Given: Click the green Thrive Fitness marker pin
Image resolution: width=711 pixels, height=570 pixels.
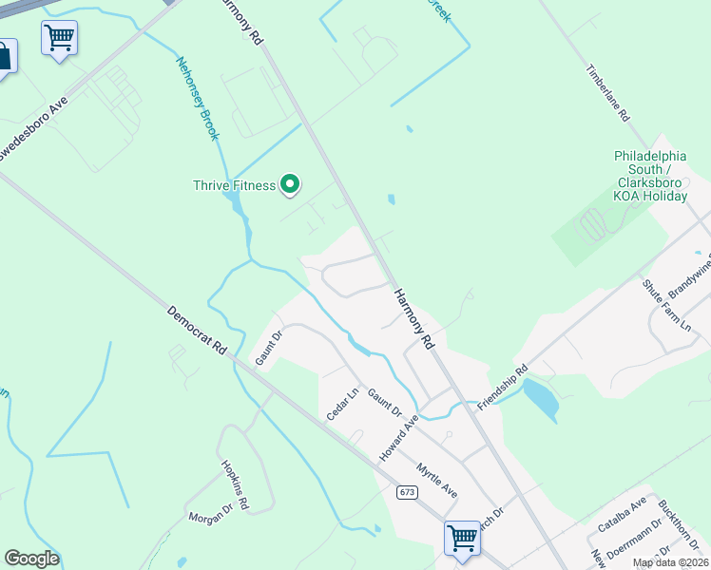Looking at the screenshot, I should click(x=291, y=184).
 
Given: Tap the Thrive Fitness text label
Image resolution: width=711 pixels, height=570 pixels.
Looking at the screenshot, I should click(x=234, y=185).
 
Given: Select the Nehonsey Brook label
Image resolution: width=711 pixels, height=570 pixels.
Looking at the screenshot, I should click(x=198, y=99).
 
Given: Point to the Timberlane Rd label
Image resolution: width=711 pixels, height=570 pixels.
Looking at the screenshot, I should click(x=609, y=92).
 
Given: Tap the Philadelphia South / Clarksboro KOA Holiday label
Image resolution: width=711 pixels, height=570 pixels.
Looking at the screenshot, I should click(x=650, y=176).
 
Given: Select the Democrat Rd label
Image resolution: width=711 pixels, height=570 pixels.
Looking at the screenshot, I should click(x=197, y=330).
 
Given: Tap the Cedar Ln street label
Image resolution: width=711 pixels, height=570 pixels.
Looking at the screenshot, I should click(x=342, y=404).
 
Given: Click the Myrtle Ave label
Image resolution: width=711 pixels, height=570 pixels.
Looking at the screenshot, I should click(x=437, y=479).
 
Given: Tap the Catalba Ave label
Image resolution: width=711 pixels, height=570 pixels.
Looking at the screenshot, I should click(x=622, y=514).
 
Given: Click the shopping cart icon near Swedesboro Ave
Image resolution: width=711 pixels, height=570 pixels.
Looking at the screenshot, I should click(x=59, y=39).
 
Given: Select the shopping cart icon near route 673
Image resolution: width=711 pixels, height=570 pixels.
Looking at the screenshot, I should click(x=462, y=538).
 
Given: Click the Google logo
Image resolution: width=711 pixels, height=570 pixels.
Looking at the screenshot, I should click(x=31, y=559).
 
